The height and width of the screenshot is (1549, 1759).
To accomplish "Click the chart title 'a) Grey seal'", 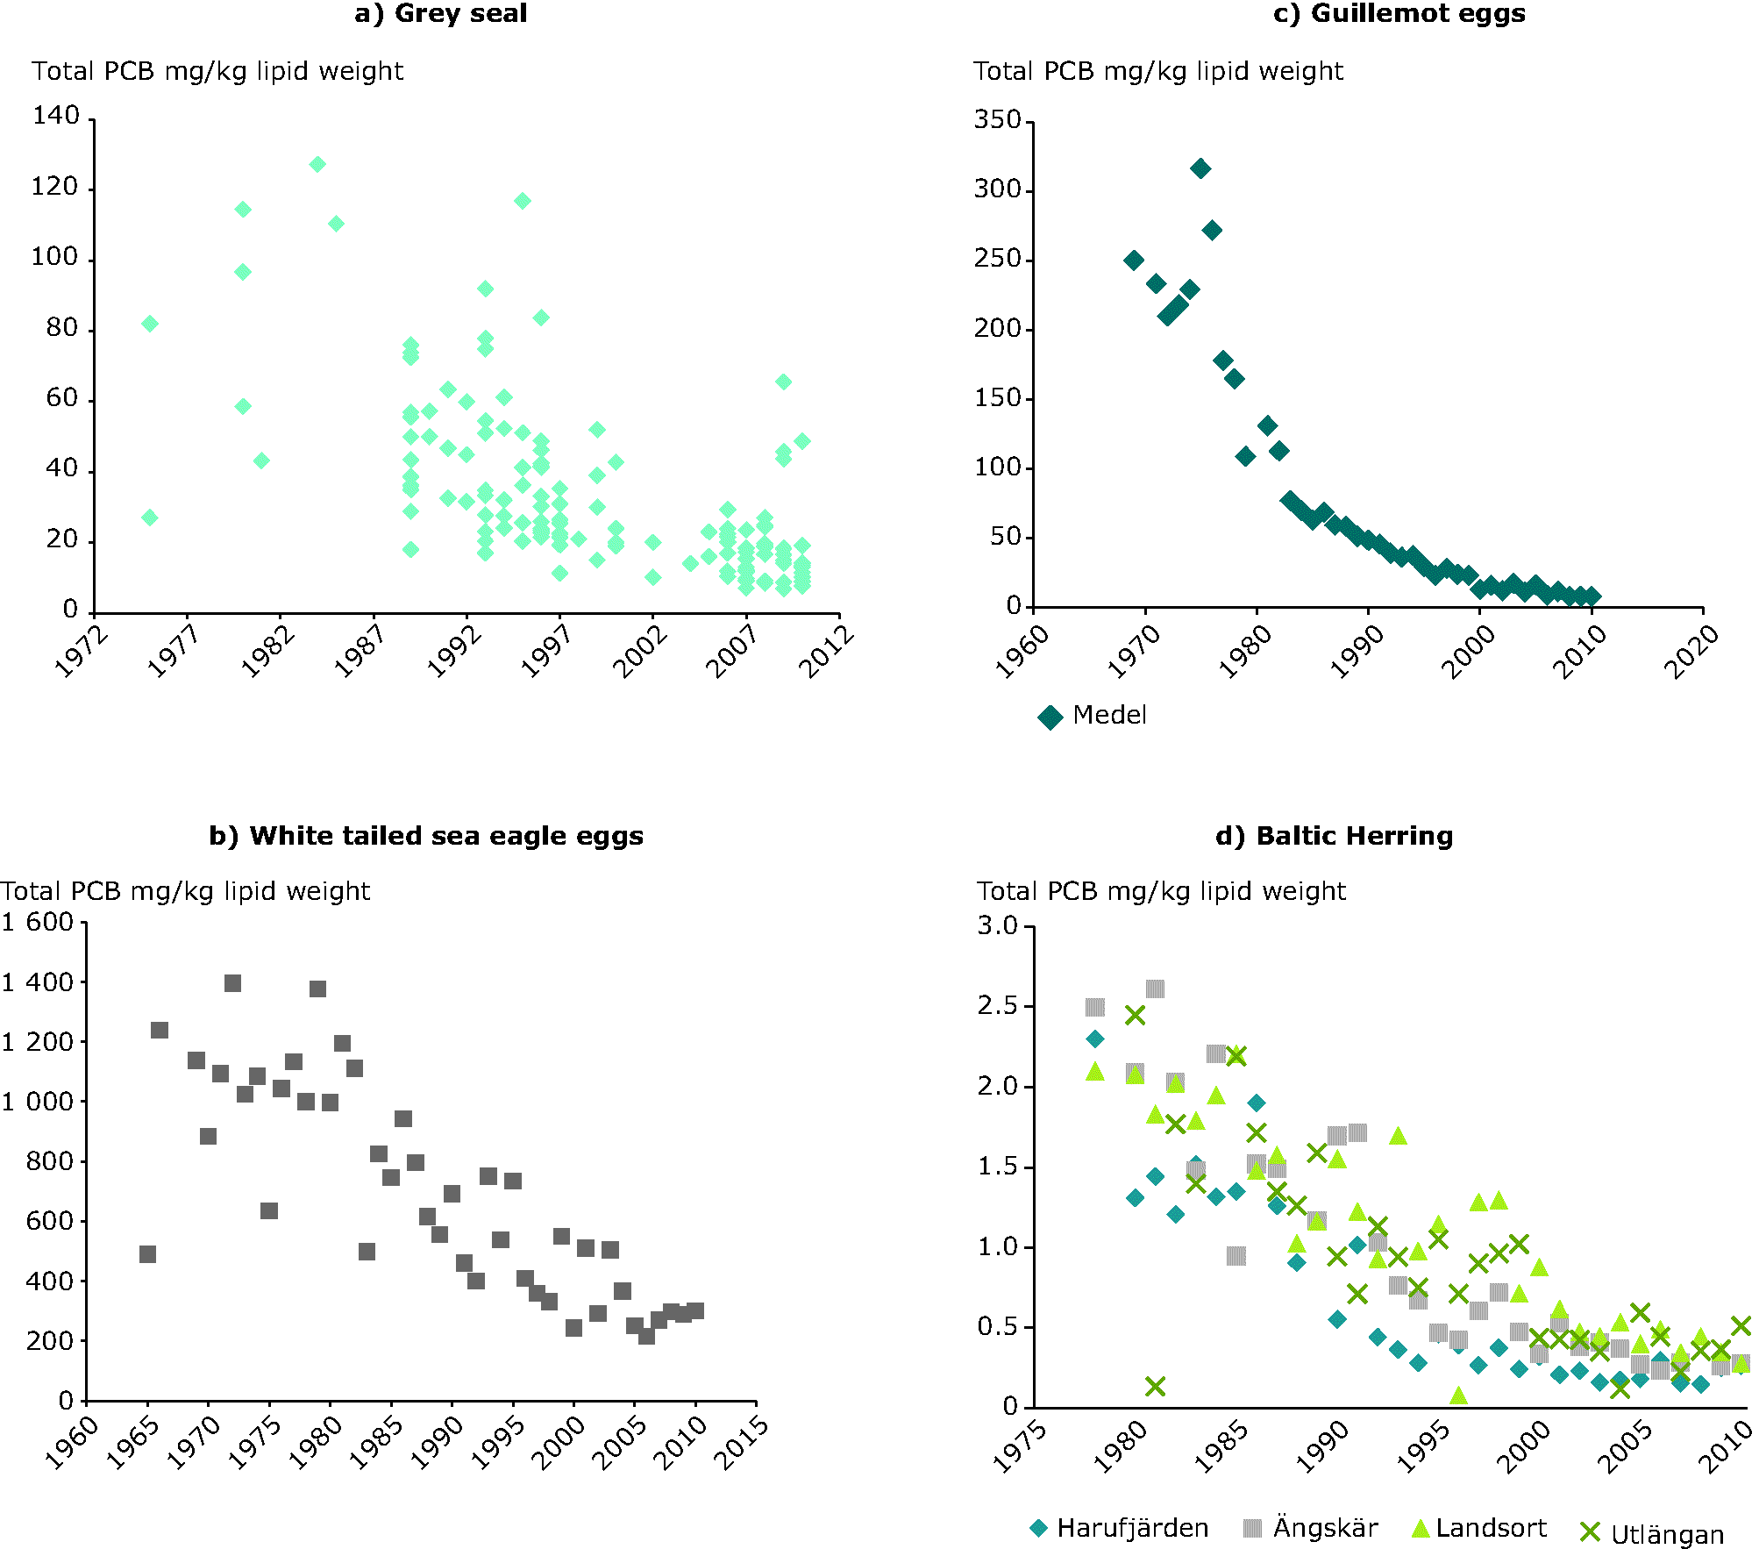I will pyautogui.click(x=440, y=14).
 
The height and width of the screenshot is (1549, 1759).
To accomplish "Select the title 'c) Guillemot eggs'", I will pyautogui.click(x=1399, y=14).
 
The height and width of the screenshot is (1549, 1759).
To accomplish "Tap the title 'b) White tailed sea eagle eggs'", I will pyautogui.click(x=426, y=836).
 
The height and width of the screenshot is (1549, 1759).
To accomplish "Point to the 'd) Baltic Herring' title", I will pyautogui.click(x=1334, y=836).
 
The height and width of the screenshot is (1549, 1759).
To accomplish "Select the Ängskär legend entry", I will pyautogui.click(x=1311, y=1528).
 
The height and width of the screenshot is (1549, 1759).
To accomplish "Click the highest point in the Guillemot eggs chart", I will pyautogui.click(x=1200, y=168).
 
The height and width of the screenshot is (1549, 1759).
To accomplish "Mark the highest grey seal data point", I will pyautogui.click(x=317, y=164).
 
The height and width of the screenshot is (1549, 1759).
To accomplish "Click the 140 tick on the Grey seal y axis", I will pyautogui.click(x=56, y=116).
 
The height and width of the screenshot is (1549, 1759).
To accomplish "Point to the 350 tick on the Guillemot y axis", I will pyautogui.click(x=998, y=120).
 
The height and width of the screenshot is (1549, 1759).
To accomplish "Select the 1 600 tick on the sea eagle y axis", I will pyautogui.click(x=38, y=922).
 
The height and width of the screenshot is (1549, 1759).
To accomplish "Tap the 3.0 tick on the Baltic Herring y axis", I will pyautogui.click(x=998, y=926).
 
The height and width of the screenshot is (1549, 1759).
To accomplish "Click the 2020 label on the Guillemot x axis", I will pyautogui.click(x=1691, y=653).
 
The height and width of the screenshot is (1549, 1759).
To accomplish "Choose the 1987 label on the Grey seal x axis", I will pyautogui.click(x=360, y=651).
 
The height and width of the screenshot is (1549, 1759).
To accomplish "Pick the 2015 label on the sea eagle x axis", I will pyautogui.click(x=742, y=1444).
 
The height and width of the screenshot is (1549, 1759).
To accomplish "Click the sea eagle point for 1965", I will pyautogui.click(x=147, y=1254).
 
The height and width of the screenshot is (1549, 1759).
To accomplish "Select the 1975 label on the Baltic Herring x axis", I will pyautogui.click(x=1021, y=1447).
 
